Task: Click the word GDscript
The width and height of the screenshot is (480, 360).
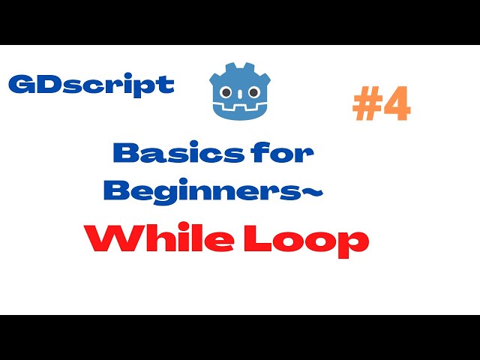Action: pyautogui.click(x=91, y=84)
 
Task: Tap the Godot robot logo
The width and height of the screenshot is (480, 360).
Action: pyautogui.click(x=238, y=91)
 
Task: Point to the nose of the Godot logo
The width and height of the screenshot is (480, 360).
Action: pyautogui.click(x=238, y=97)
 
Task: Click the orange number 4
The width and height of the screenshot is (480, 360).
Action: pyautogui.click(x=397, y=106)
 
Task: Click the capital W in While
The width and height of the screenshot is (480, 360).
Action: pyautogui.click(x=106, y=240)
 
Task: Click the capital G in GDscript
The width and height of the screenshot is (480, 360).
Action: pyautogui.click(x=21, y=84)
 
